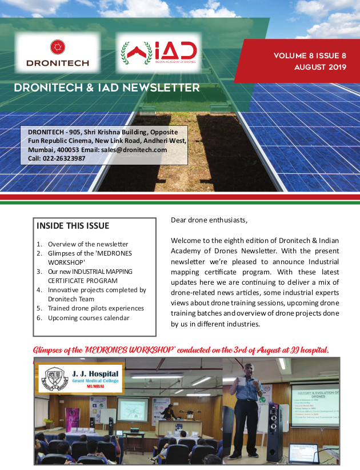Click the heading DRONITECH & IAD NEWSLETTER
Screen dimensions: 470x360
[106, 88]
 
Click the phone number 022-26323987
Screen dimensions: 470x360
[64, 158]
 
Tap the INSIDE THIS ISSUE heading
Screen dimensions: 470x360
[73, 226]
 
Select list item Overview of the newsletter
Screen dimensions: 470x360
[88, 244]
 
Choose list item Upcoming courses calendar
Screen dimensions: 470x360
[89, 318]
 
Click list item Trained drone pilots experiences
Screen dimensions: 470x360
[96, 308]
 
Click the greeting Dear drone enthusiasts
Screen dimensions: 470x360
[209, 220]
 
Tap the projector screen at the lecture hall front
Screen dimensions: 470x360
[133, 409]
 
